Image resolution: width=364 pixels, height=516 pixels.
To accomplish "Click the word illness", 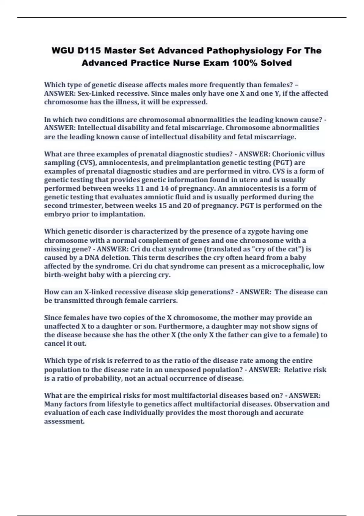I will point(126,102).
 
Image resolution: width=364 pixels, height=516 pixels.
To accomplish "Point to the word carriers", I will point(164,300).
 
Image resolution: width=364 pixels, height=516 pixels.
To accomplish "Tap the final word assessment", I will point(64,421).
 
